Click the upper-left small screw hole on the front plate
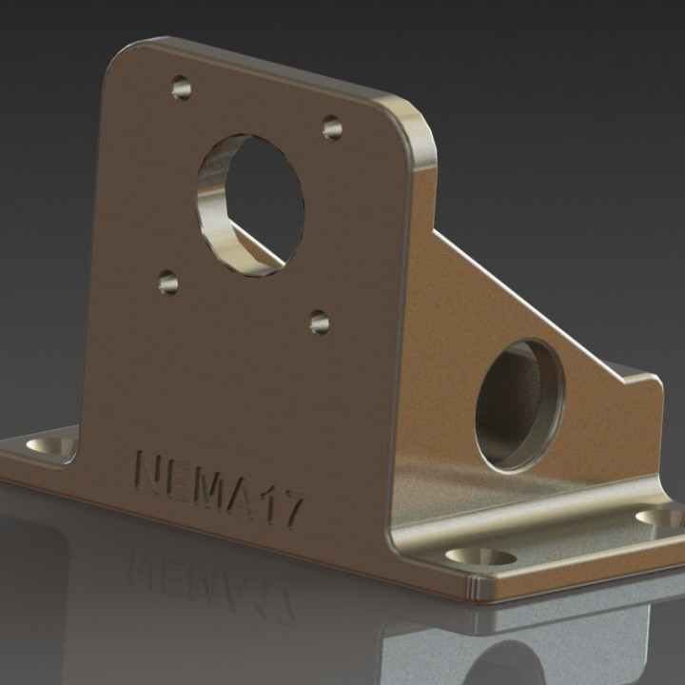[x=181, y=89]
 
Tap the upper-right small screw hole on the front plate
[x=332, y=127]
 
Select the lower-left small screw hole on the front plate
[x=168, y=283]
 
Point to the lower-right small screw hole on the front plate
[x=320, y=323]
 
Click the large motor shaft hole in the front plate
[x=250, y=205]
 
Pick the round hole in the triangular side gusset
[x=519, y=404]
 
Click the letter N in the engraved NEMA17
[x=156, y=471]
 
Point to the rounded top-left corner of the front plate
[x=124, y=57]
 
